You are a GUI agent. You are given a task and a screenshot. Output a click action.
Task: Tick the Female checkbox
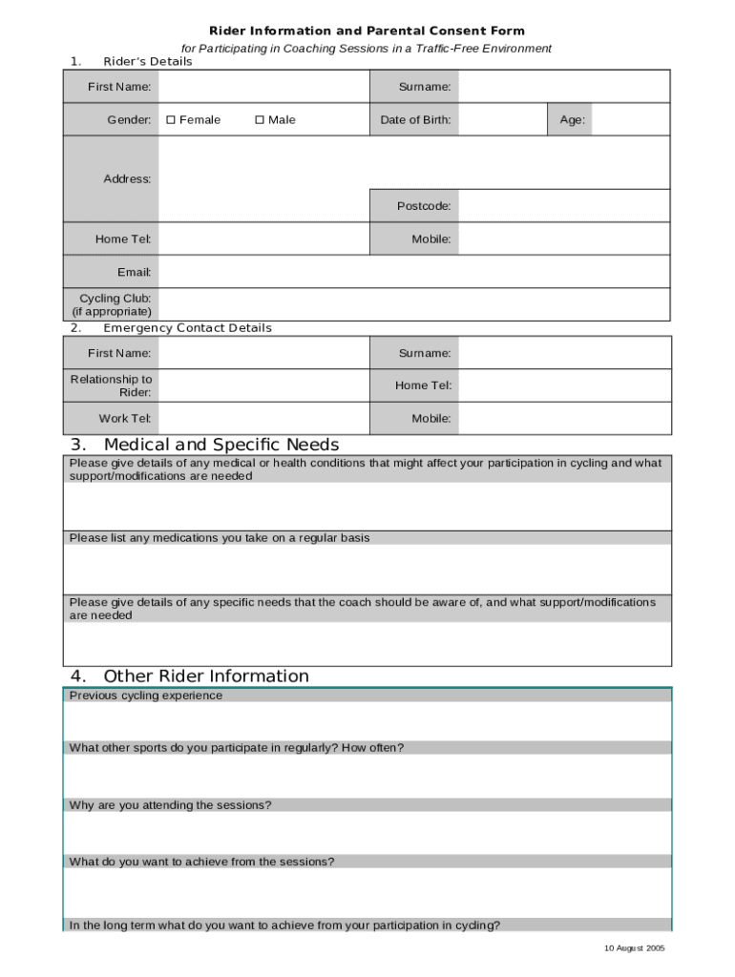point(171,120)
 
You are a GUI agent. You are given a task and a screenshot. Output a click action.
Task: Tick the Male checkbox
point(260,120)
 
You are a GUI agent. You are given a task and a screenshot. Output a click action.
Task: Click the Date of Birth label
point(415,120)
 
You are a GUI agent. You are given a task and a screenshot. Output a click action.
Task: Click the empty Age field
point(630,120)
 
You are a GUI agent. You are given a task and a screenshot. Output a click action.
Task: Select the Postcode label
point(424,206)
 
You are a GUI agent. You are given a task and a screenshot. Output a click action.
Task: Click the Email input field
point(414,273)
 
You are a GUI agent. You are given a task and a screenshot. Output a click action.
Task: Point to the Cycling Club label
point(112,305)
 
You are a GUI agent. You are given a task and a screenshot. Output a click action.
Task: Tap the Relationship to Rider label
point(111,385)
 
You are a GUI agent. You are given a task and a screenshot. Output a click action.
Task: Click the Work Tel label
point(125,419)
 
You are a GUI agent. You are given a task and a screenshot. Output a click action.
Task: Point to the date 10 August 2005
point(634,948)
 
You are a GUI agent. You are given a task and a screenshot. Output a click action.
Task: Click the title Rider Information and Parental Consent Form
point(367,31)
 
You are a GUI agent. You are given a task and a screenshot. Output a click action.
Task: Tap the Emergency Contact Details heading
point(187,328)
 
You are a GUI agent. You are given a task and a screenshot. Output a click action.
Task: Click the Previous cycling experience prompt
point(146,696)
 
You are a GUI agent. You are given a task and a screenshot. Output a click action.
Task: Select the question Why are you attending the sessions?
point(171,805)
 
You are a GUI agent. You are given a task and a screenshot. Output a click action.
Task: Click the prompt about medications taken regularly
point(220,538)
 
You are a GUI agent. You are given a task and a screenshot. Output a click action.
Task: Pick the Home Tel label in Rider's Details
point(123,239)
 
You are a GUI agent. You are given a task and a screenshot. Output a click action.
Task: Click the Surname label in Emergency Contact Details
point(425,354)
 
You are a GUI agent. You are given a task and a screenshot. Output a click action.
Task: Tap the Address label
point(127,179)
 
